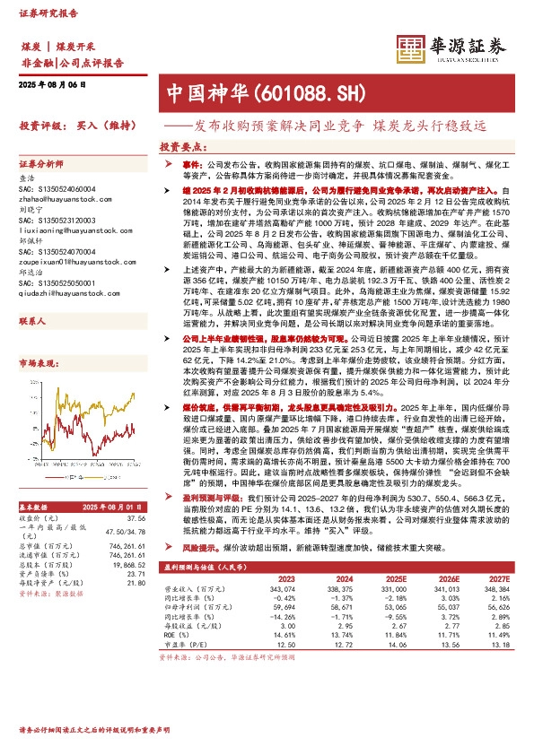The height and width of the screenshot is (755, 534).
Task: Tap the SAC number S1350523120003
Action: [x=63, y=221]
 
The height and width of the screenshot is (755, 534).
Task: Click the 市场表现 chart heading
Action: [x=36, y=363]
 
